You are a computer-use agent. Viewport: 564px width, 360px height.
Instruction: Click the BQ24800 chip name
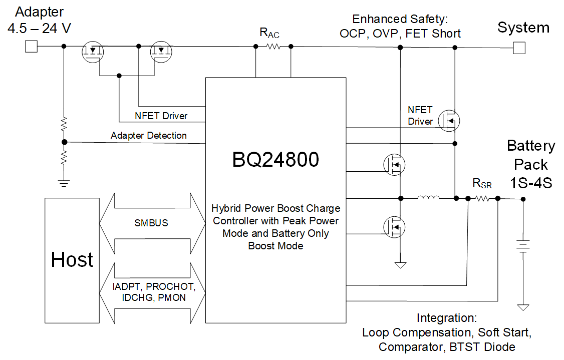point(275,160)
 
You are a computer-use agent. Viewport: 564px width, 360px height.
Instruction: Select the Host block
point(72,259)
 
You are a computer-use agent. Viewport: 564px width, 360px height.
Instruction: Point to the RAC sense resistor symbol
point(273,47)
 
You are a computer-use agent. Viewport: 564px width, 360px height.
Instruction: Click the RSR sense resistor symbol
point(482,199)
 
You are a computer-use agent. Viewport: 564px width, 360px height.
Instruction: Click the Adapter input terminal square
point(31,47)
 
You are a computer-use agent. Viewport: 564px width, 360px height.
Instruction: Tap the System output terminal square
point(519,48)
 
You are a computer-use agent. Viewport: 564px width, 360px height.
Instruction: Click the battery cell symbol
point(523,246)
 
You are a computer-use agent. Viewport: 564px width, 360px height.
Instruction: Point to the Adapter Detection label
point(149,136)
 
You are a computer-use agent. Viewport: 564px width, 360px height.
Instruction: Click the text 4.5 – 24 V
point(39,29)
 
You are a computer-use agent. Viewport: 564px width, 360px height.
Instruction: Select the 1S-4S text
point(531,183)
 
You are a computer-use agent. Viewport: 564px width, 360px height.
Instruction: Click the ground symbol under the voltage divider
point(64,183)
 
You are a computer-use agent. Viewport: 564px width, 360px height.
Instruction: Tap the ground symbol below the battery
point(523,307)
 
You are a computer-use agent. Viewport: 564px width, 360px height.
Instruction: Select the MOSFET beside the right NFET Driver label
point(448,121)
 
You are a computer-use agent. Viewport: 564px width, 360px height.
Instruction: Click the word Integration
point(446,318)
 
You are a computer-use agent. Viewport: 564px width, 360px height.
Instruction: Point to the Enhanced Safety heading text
point(399,20)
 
